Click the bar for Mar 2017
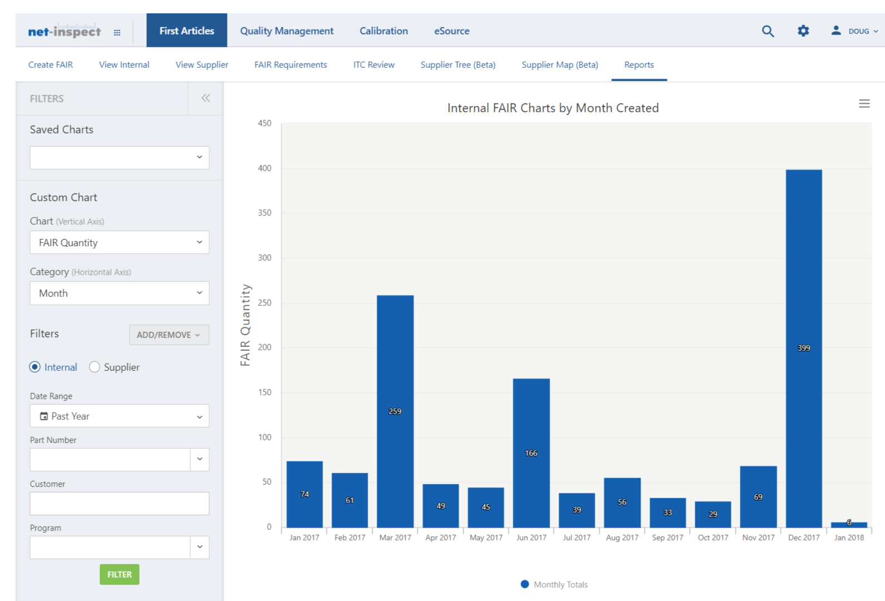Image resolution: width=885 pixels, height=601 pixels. [395, 411]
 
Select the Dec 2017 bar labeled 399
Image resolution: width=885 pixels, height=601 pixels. [804, 348]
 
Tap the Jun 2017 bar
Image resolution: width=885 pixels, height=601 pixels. [531, 453]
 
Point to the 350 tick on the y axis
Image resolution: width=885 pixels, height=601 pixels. [265, 213]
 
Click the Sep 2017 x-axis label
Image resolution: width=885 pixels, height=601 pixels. [668, 538]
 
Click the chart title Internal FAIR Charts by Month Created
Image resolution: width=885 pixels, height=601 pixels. [553, 108]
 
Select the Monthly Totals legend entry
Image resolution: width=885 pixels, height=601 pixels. [555, 584]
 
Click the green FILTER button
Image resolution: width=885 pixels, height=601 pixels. [120, 574]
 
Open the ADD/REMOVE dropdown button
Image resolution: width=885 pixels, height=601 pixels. [169, 335]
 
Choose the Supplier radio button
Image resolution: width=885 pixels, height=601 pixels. [95, 367]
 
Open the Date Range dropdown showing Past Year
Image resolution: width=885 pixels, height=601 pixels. [120, 416]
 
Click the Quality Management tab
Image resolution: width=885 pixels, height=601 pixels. [287, 31]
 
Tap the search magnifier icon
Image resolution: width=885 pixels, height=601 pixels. [768, 31]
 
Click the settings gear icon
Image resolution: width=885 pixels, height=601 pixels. [803, 31]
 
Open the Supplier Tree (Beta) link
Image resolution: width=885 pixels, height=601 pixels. [458, 64]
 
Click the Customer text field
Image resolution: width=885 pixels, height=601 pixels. [120, 504]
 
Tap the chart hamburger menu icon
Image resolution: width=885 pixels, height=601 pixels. [864, 103]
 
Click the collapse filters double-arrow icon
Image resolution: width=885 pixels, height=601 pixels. [206, 98]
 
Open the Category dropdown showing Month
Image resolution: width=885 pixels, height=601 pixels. [120, 293]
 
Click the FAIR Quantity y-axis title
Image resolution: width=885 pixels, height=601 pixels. [245, 325]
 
